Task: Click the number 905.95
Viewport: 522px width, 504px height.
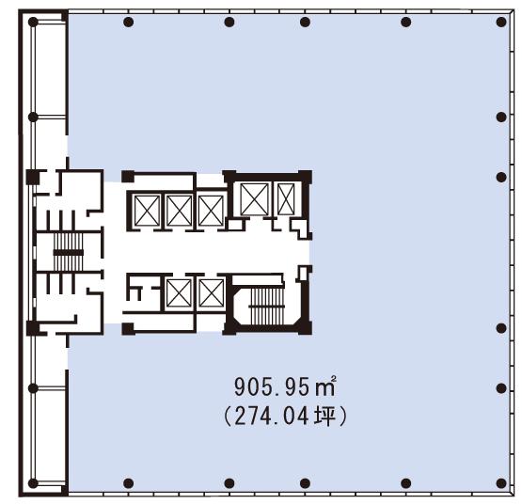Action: click(x=272, y=386)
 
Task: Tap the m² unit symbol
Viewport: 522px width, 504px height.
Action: click(x=324, y=386)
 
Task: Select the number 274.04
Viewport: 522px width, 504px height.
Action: click(x=272, y=417)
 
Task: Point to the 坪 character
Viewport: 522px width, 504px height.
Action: click(x=324, y=417)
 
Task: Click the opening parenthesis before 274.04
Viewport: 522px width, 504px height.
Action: click(x=228, y=417)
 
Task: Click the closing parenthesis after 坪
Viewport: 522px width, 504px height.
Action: click(x=343, y=417)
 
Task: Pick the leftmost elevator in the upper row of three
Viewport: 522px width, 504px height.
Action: click(x=147, y=211)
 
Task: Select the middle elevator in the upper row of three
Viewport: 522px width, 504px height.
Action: click(x=179, y=211)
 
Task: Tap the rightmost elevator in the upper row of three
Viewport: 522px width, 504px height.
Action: click(x=211, y=211)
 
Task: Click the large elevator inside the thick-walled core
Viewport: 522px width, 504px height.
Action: click(x=254, y=199)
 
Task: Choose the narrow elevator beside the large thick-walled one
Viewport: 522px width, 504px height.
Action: click(x=286, y=199)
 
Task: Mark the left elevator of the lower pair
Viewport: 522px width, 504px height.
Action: click(x=179, y=293)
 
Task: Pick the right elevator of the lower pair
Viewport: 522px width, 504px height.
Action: click(x=212, y=293)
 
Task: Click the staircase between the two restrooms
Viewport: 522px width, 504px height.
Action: click(x=69, y=252)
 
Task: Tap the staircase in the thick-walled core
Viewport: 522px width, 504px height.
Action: click(x=267, y=306)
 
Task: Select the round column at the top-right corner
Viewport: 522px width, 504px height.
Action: click(x=501, y=23)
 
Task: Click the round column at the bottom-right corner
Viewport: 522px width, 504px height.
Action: click(x=501, y=483)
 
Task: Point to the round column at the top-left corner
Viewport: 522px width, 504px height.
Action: click(x=33, y=23)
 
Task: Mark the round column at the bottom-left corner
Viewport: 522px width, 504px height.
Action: click(x=33, y=483)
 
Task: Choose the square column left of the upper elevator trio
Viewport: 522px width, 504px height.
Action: click(x=128, y=177)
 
